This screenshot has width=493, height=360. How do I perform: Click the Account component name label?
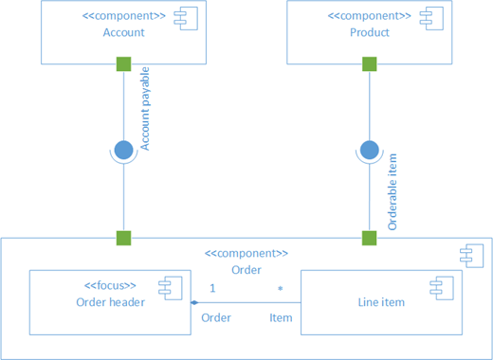[123, 32]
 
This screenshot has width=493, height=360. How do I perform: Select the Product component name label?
[369, 32]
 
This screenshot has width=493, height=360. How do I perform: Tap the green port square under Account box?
[123, 64]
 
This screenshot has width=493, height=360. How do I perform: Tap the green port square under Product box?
[369, 64]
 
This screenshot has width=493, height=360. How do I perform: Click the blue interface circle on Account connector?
[123, 149]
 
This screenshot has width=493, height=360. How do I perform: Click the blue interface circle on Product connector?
[369, 149]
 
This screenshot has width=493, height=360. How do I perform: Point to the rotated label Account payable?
[145, 109]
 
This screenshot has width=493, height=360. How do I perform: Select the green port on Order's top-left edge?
[123, 238]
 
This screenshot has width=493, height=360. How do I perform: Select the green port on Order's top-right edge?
[369, 238]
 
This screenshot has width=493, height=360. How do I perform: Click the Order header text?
[111, 302]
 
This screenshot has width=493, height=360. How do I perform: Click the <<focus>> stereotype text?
[111, 285]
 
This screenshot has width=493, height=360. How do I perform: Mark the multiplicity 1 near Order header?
[212, 287]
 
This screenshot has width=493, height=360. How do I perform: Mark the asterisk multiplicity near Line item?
[280, 288]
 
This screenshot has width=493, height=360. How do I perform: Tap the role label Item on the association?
[281, 317]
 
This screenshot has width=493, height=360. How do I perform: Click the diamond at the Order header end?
[193, 302]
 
